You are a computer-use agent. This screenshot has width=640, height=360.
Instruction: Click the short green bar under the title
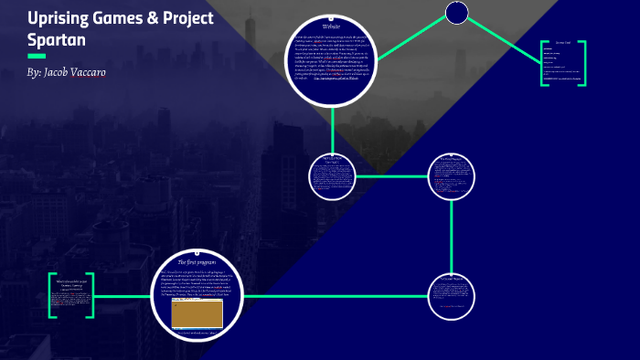tap(37, 56)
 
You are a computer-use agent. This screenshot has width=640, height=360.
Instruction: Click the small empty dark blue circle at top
tap(457, 13)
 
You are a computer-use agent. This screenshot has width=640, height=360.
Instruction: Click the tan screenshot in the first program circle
tap(197, 313)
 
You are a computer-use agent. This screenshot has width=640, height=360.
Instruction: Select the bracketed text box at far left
tap(70, 294)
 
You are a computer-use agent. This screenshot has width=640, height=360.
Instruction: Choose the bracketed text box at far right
tap(562, 63)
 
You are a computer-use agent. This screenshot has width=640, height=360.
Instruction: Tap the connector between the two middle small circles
tap(391, 175)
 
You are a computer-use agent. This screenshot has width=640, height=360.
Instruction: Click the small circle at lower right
tap(452, 295)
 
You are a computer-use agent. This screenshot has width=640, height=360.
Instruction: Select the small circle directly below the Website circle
tap(332, 175)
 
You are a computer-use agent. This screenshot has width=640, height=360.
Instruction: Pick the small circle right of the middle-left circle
tap(452, 175)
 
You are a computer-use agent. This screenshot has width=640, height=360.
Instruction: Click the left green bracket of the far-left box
tap(51, 294)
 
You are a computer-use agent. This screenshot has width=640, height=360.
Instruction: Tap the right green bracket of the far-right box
tap(582, 63)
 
